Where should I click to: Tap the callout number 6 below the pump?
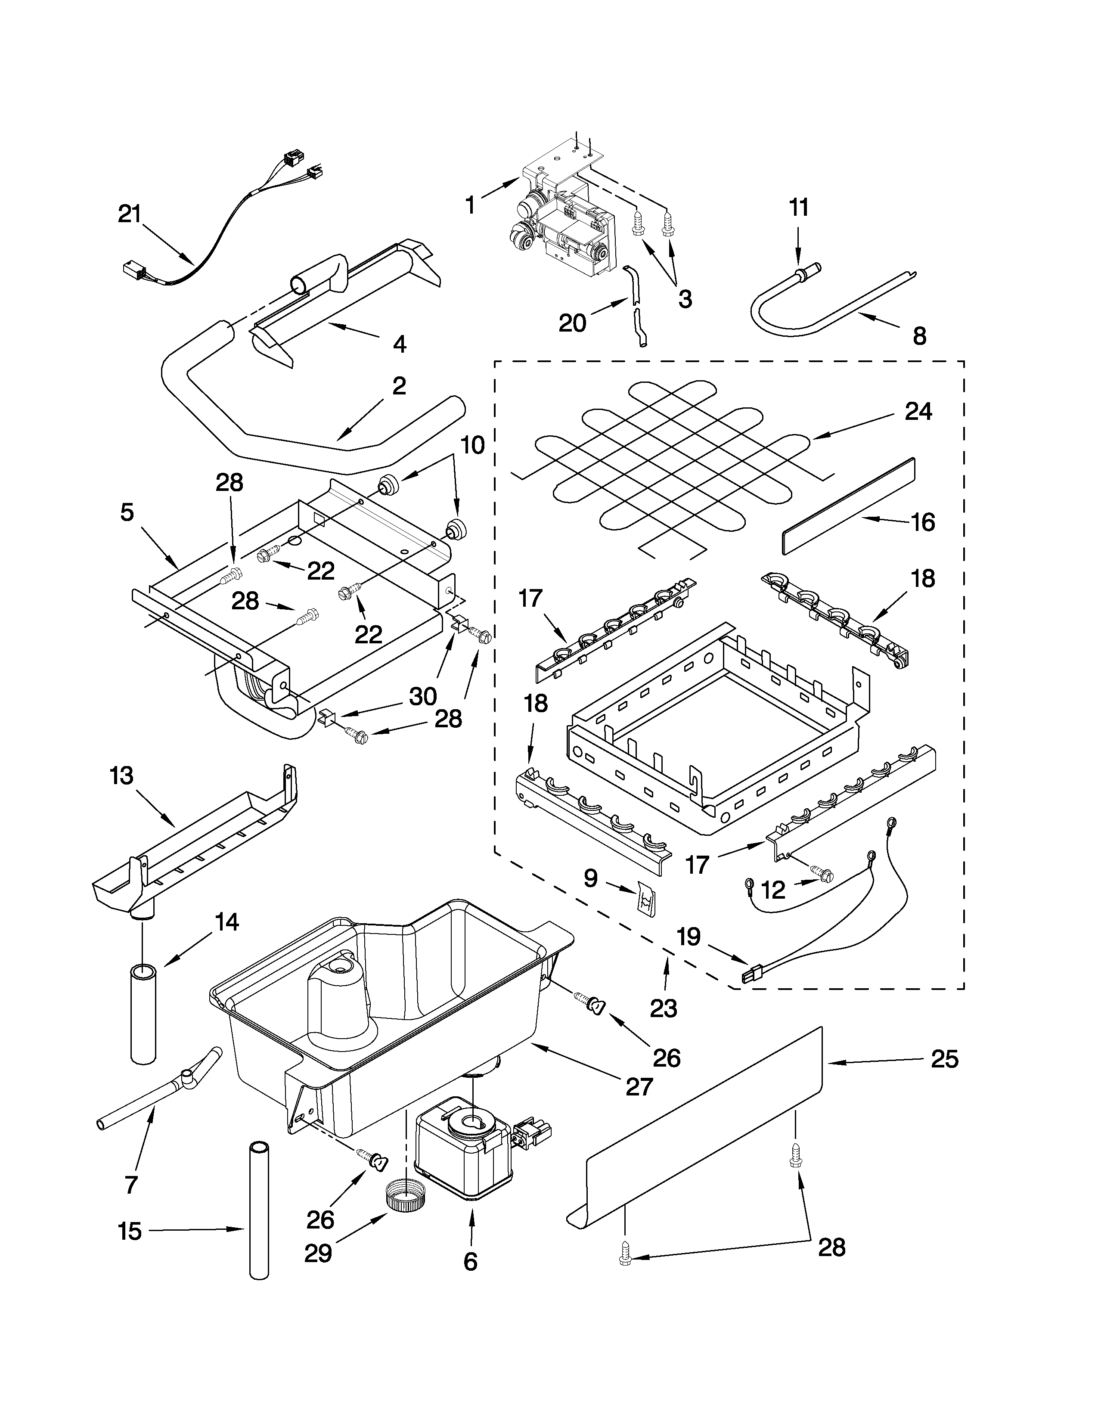470,1262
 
